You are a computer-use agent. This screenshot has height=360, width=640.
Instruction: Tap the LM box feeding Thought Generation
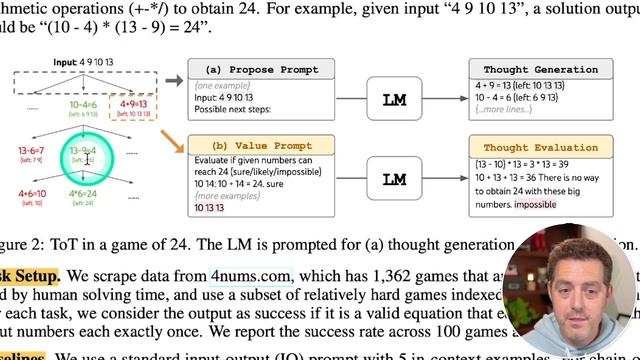[x=395, y=100]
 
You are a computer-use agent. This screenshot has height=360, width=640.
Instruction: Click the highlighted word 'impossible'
[x=535, y=204]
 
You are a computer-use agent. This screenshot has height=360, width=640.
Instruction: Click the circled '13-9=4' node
[x=87, y=152]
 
